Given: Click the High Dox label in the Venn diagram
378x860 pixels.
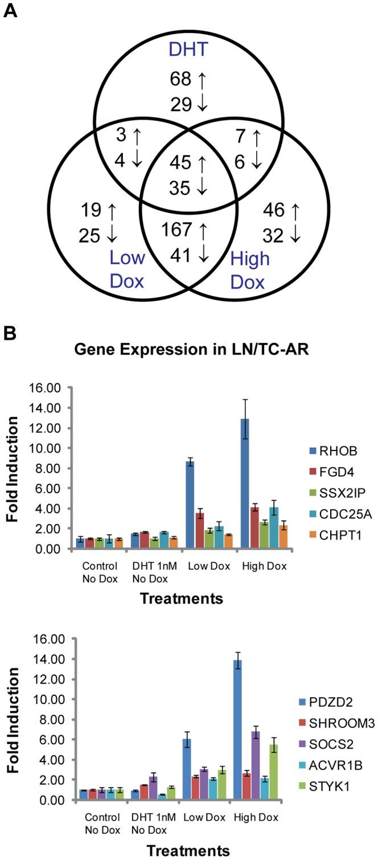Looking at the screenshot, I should pos(250,271).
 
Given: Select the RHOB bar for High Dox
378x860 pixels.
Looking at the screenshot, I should pos(244,484).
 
